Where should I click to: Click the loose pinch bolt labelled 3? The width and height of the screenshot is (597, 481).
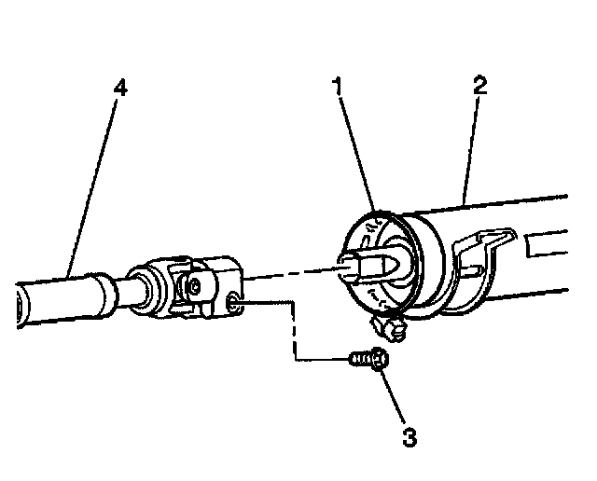pyautogui.click(x=369, y=358)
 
